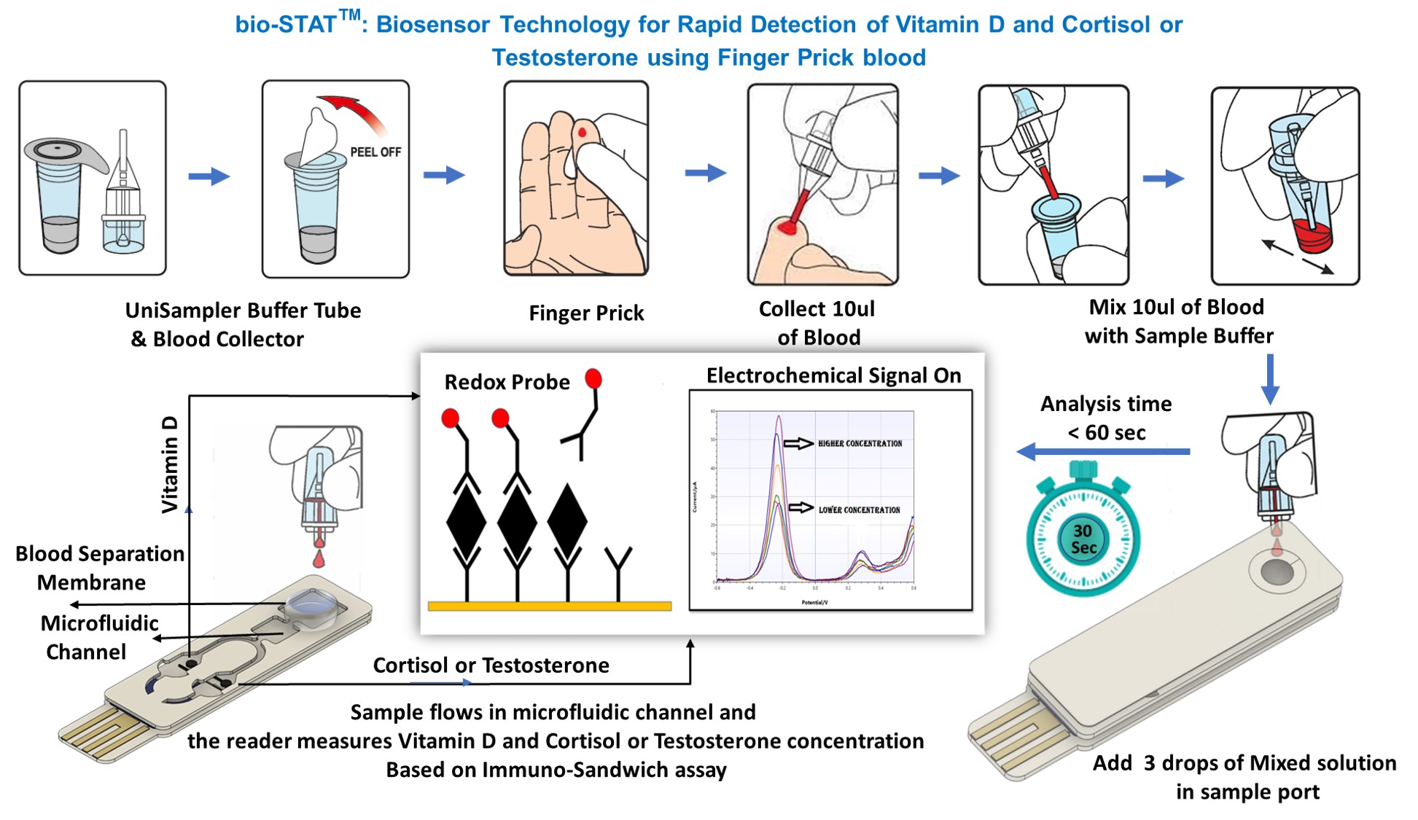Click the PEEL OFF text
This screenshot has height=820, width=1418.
pos(375,152)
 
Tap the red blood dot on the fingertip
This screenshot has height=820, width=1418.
pos(583,133)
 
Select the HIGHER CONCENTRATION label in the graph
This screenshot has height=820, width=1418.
pos(860,443)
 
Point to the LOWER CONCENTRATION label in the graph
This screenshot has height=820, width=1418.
pos(859,509)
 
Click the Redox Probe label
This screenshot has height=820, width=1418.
pos(507,382)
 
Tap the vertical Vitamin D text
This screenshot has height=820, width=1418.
pos(169,464)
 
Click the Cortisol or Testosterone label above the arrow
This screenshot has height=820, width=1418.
pos(491,665)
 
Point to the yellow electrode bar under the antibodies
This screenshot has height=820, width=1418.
pos(549,606)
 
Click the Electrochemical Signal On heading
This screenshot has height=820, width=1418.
pos(833,375)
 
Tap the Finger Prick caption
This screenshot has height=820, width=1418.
pos(586,313)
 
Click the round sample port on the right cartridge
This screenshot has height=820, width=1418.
pos(1277,572)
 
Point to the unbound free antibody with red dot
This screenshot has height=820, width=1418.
pos(583,415)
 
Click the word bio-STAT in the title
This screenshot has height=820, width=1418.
pos(285,26)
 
